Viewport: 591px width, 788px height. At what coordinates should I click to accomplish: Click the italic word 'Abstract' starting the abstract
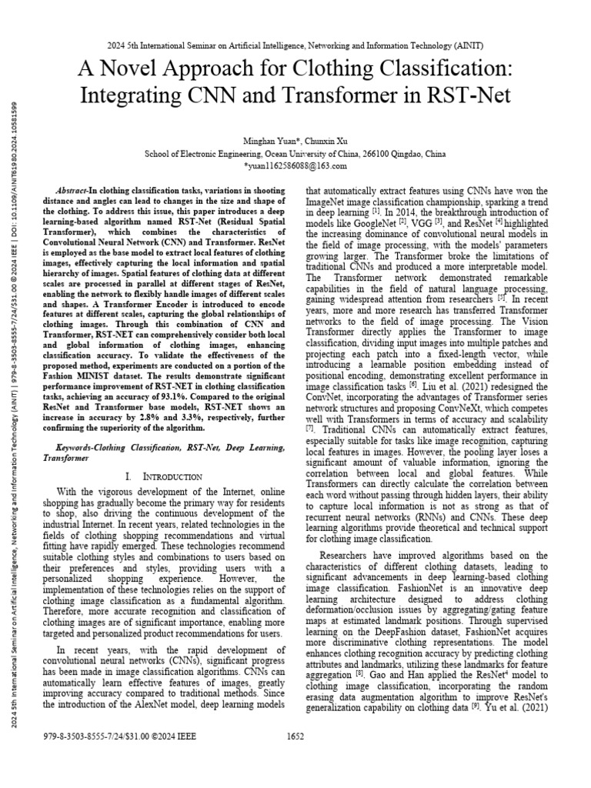click(73, 190)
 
